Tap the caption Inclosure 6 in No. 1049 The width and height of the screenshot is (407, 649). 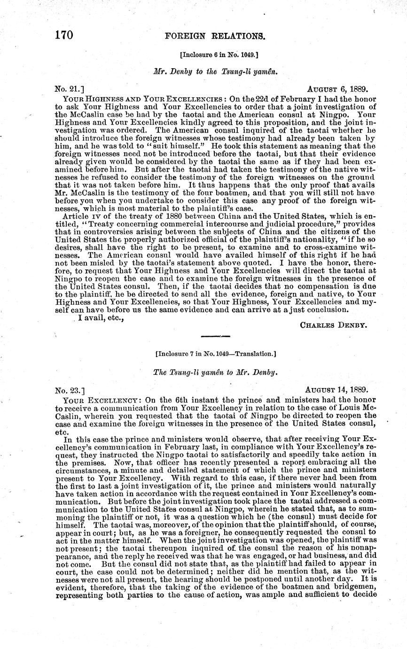click(219, 55)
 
